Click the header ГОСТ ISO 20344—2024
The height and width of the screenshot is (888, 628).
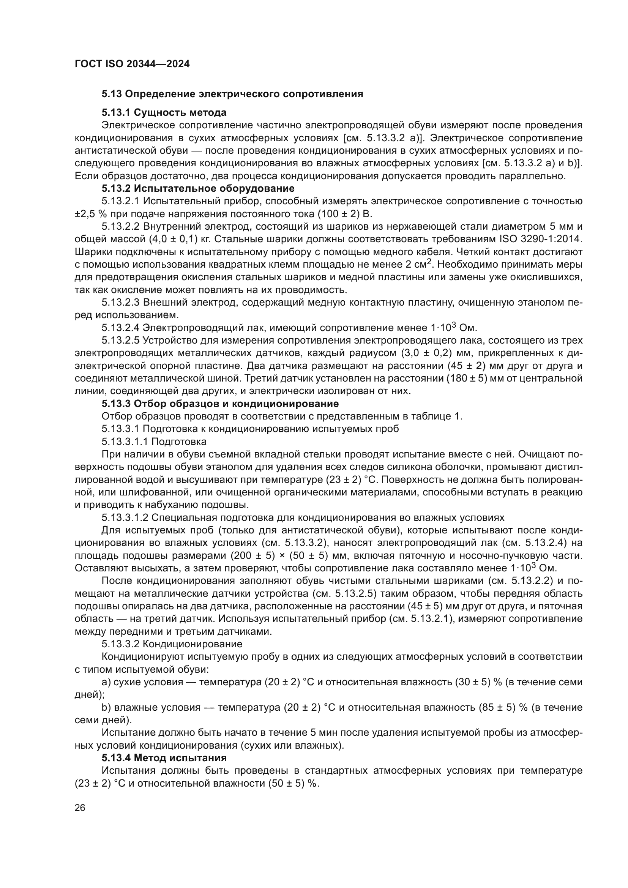click(132, 64)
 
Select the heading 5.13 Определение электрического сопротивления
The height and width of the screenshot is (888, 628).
click(232, 94)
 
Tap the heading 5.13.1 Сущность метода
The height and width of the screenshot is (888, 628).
click(164, 112)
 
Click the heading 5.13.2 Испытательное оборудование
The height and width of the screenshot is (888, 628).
click(198, 188)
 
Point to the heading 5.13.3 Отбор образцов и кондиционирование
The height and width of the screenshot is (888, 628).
click(220, 404)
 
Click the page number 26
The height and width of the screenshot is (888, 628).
click(80, 808)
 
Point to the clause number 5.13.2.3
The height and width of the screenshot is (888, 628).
click(121, 303)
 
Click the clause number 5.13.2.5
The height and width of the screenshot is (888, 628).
click(121, 340)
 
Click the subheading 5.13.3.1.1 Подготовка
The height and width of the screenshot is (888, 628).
click(154, 441)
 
